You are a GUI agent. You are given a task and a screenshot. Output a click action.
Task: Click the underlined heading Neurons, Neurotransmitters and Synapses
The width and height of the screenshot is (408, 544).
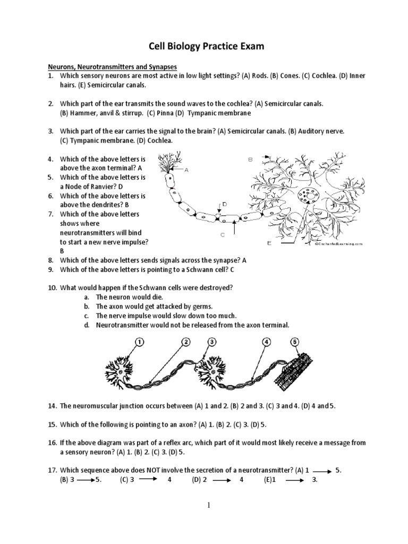click(x=113, y=66)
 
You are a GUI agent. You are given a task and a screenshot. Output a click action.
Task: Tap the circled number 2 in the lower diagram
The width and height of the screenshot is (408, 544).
click(x=186, y=342)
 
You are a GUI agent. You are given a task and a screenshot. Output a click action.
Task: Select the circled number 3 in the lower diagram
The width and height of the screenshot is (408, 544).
click(x=212, y=342)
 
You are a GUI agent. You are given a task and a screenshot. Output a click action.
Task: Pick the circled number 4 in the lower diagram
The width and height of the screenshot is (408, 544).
click(x=267, y=342)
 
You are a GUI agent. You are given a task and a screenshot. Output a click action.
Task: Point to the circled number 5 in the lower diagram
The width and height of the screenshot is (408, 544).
click(x=295, y=342)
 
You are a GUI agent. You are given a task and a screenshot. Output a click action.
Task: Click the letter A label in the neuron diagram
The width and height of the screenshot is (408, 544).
click(x=186, y=170)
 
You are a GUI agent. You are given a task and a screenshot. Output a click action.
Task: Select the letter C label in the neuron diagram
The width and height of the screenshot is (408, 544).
click(x=223, y=234)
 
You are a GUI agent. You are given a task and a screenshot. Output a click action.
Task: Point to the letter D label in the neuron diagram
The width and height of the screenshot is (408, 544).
click(x=225, y=203)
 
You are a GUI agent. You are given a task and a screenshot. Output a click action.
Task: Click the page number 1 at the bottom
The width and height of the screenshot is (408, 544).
click(x=209, y=505)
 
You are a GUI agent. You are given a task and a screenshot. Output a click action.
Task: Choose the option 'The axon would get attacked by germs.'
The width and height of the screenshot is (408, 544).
click(x=146, y=307)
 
